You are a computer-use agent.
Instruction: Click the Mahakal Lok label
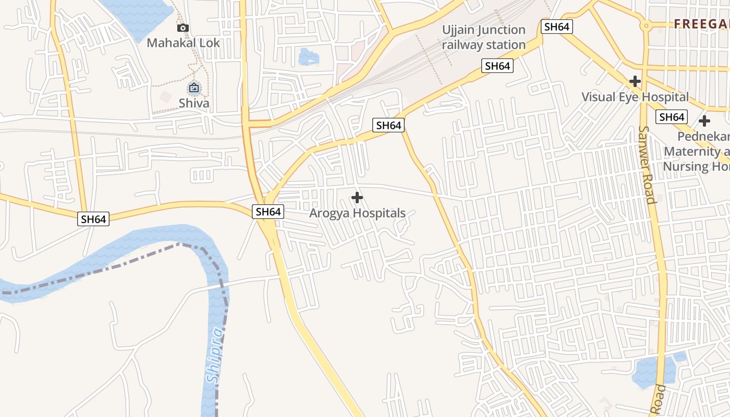[183, 43]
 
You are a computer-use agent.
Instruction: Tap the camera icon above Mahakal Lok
[182, 28]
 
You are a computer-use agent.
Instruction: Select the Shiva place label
[194, 103]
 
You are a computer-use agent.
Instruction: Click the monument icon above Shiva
[194, 89]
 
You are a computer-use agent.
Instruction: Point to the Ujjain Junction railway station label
[484, 37]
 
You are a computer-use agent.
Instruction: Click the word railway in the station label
[463, 45]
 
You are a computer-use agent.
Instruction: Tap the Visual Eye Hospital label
[635, 97]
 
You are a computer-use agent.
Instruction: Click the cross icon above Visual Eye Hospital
[635, 81]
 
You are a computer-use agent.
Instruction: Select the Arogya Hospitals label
[357, 213]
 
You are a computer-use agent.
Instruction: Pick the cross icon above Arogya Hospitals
[357, 198]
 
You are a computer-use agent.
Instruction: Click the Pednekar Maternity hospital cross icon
[704, 121]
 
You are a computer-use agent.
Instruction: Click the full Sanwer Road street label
[647, 164]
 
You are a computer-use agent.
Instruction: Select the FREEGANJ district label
[701, 24]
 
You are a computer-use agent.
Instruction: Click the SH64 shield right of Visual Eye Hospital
[672, 117]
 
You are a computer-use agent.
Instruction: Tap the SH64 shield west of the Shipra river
[94, 219]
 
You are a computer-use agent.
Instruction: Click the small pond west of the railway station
[308, 56]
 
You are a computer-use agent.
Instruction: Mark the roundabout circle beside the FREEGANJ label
[646, 24]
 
